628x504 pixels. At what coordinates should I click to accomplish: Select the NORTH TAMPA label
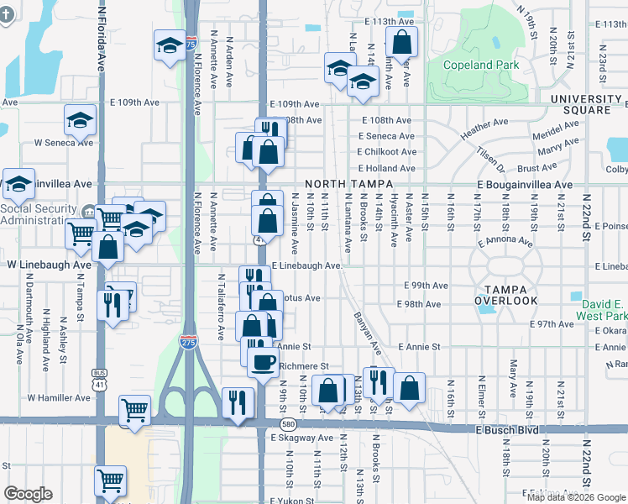tap(338, 184)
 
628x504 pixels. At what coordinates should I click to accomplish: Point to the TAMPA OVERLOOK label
tap(505, 293)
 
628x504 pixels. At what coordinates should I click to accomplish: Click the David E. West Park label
tap(601, 311)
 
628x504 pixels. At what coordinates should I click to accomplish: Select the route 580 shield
tap(288, 424)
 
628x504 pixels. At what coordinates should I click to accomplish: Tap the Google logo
tap(28, 494)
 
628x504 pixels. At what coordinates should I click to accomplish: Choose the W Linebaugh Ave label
tap(48, 265)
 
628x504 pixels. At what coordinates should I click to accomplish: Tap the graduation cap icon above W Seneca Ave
tap(80, 120)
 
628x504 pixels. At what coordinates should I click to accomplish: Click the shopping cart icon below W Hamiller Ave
tap(133, 409)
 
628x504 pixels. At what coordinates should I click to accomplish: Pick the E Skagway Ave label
tap(301, 438)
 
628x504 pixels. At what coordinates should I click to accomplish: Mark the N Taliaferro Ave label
tap(221, 306)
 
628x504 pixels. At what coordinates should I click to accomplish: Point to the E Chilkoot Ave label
tap(386, 152)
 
